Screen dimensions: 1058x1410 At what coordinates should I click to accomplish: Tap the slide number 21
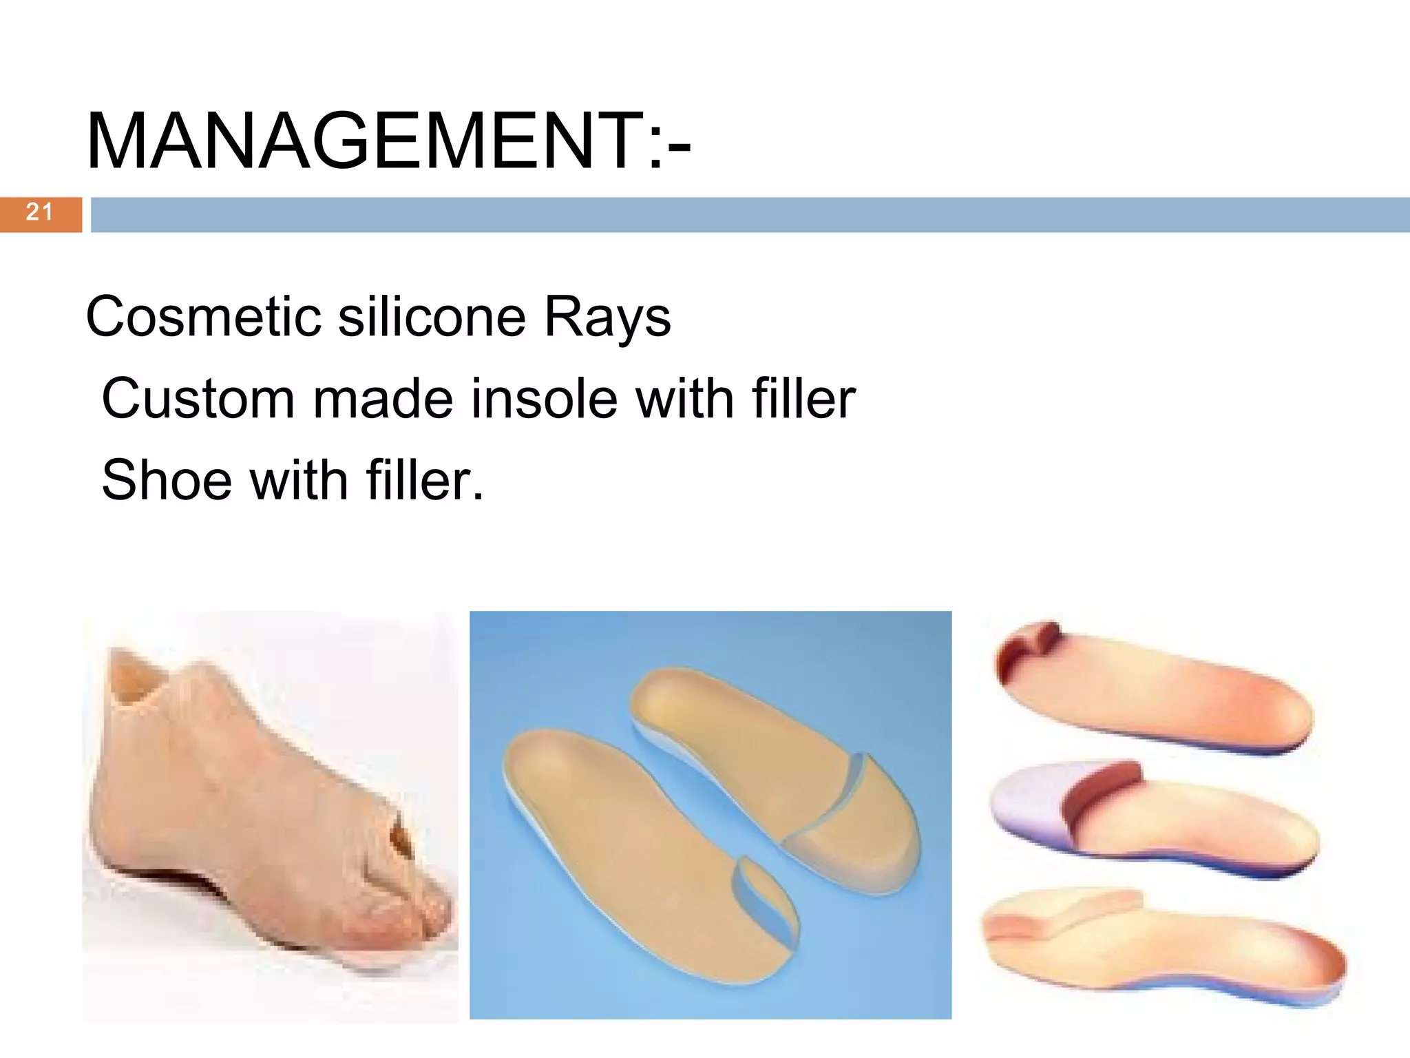click(39, 213)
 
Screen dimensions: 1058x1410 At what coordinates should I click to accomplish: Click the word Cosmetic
click(203, 317)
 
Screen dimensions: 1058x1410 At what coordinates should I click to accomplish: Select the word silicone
click(432, 317)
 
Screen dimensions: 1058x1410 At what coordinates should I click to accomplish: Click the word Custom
click(198, 399)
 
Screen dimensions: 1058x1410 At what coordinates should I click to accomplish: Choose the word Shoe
click(167, 480)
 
